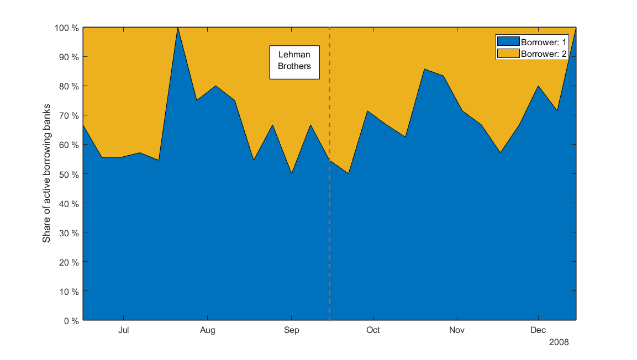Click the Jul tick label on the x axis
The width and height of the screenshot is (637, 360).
click(x=123, y=331)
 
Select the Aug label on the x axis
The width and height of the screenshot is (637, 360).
click(x=207, y=331)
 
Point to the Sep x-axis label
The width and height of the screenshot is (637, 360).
click(x=291, y=331)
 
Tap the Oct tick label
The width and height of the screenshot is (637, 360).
click(x=373, y=331)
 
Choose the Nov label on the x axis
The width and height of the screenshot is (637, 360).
click(x=457, y=331)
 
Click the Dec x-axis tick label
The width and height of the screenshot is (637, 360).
click(x=538, y=331)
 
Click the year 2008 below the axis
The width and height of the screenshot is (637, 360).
click(x=559, y=342)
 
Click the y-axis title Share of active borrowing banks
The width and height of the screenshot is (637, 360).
click(x=47, y=173)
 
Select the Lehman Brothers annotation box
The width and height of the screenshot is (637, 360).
click(x=294, y=62)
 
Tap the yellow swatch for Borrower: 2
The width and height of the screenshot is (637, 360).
click(x=508, y=53)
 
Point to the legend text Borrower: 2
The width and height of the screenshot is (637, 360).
click(x=544, y=53)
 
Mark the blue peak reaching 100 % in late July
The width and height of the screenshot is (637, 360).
click(x=177, y=28)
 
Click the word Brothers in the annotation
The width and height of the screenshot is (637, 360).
click(x=294, y=66)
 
